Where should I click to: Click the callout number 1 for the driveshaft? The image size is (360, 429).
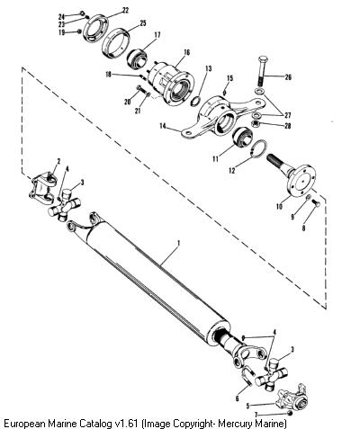179,243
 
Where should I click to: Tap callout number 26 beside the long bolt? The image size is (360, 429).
288,77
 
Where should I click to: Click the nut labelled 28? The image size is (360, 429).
256,123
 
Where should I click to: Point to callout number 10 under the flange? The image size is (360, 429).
279,207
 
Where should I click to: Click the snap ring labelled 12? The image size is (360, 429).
258,148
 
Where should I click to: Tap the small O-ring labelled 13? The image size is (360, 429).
194,102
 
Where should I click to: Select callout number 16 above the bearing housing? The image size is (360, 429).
186,53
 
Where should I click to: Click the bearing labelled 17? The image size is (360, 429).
137,59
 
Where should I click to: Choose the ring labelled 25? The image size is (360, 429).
115,42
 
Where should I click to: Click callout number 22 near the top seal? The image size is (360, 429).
125,11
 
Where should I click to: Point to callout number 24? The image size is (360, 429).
61,16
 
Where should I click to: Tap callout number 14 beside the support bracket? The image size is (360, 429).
163,126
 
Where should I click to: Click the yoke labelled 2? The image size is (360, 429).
42,187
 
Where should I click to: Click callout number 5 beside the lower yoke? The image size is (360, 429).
247,406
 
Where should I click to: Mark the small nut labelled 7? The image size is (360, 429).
290,414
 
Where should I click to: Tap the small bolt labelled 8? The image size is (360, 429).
316,203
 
